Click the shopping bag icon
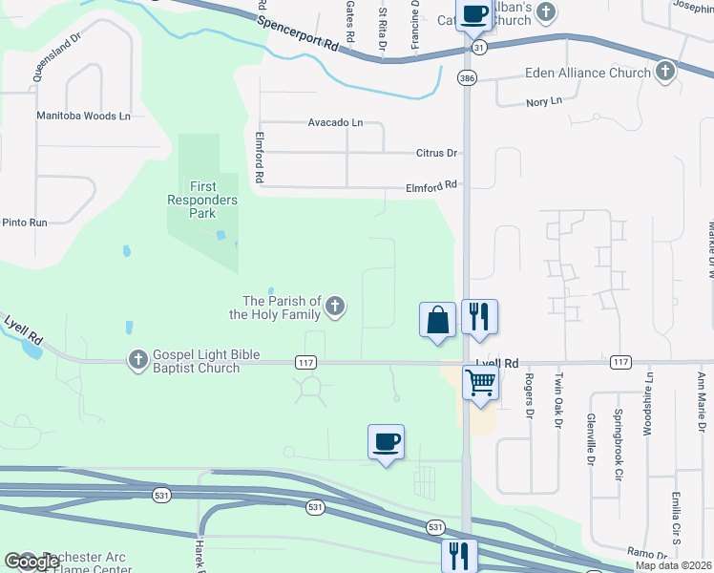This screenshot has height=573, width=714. click(x=438, y=319)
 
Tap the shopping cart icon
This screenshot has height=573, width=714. click(x=481, y=383)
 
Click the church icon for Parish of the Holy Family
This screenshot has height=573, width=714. click(x=334, y=307)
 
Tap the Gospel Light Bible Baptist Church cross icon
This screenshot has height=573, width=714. click(x=137, y=359)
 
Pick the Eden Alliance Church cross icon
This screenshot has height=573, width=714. click(x=665, y=72)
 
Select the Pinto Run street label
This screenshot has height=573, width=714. click(x=24, y=223)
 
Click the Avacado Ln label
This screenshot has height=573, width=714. click(x=335, y=122)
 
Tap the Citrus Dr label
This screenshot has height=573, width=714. click(x=437, y=153)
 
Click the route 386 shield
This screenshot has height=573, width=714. click(x=467, y=77)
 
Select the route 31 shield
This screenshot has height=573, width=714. click(x=478, y=47)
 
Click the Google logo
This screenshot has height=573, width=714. click(x=31, y=561)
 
